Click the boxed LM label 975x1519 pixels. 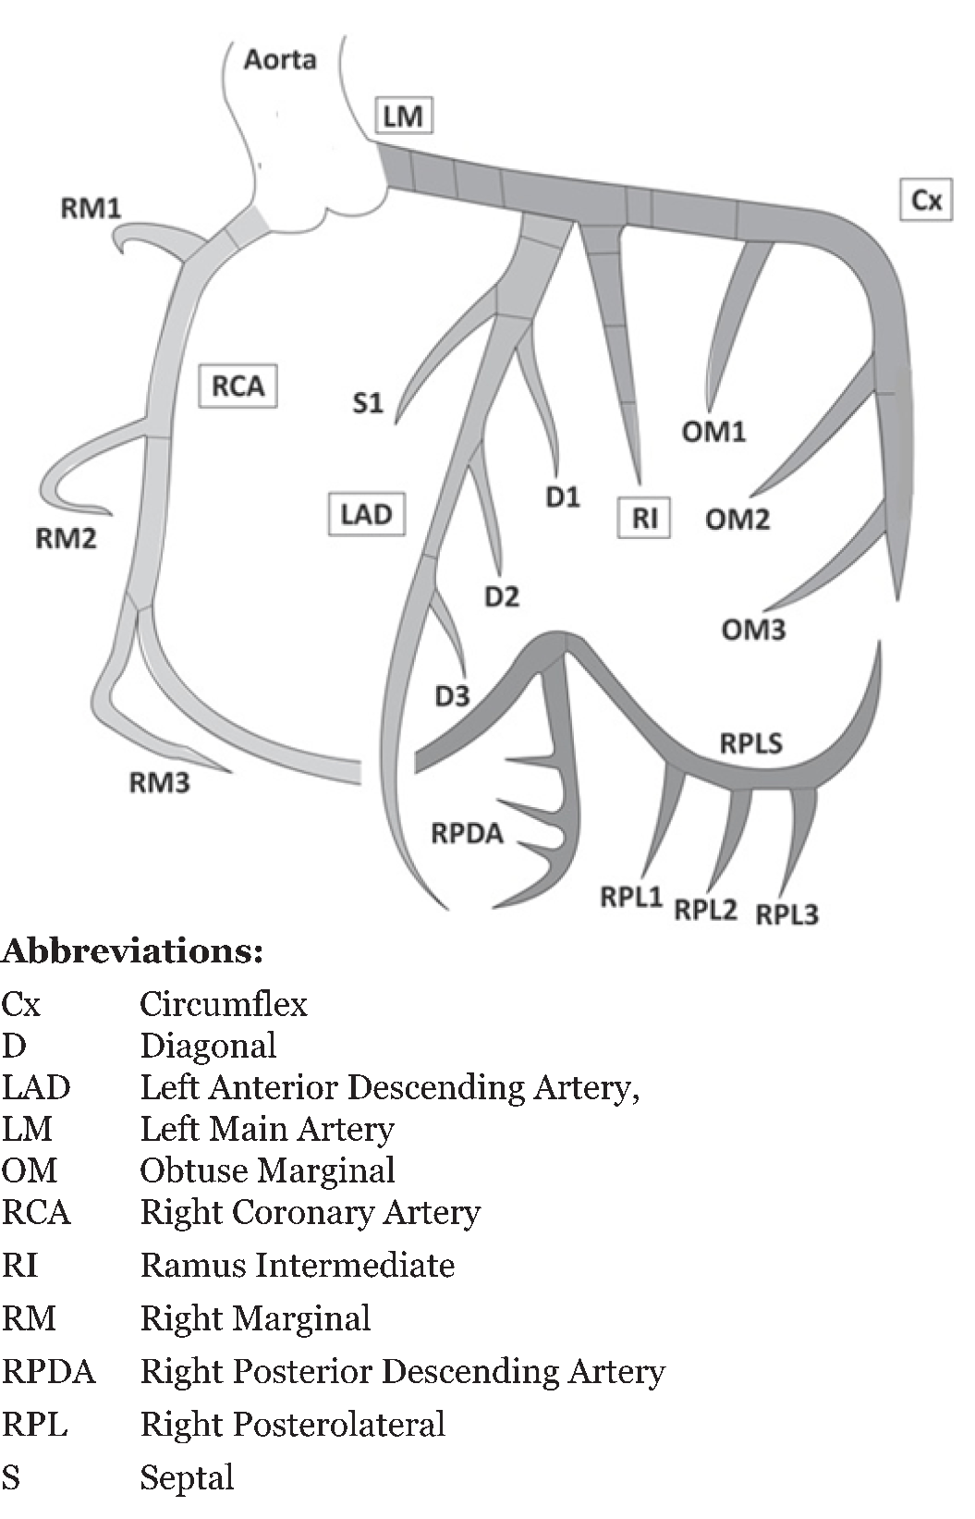(403, 116)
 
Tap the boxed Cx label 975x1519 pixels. (926, 200)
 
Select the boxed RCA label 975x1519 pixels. (238, 386)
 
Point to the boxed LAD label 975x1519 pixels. (366, 514)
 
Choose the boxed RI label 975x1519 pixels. (644, 518)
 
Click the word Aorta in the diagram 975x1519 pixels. (280, 60)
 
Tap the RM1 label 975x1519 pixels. (91, 207)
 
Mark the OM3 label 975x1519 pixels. (753, 630)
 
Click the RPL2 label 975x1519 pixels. (705, 910)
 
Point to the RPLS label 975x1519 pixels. (750, 743)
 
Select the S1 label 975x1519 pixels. (368, 403)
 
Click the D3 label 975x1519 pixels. (452, 696)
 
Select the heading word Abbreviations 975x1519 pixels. (131, 951)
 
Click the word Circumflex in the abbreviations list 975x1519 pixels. (223, 1004)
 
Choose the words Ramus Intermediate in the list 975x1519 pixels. (297, 1266)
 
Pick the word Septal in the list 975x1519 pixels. (187, 1477)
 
